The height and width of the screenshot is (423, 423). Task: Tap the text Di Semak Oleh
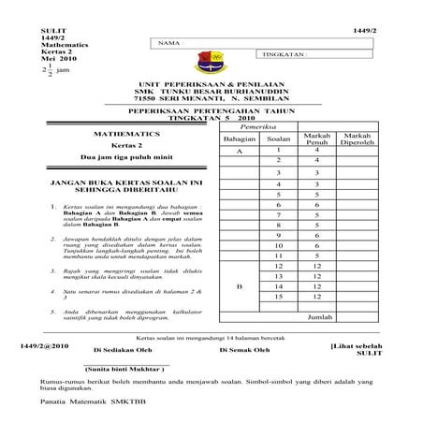click(244, 349)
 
